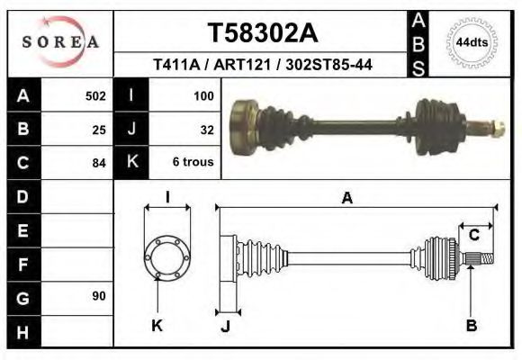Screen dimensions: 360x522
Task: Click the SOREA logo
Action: pyautogui.click(x=59, y=41)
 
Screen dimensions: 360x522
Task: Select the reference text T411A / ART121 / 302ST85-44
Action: pyautogui.click(x=263, y=65)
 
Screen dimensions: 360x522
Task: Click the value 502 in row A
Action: pyautogui.click(x=95, y=95)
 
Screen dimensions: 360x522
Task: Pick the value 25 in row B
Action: pyautogui.click(x=99, y=129)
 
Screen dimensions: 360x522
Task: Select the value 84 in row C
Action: pyautogui.click(x=99, y=163)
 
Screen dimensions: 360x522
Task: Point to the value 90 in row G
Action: pyautogui.click(x=99, y=296)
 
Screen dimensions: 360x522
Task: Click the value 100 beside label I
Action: pyautogui.click(x=202, y=95)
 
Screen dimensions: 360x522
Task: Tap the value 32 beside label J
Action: pyautogui.click(x=206, y=129)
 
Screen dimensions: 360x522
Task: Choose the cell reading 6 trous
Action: pyautogui.click(x=193, y=163)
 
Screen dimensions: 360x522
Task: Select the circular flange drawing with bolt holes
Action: pyautogui.click(x=166, y=255)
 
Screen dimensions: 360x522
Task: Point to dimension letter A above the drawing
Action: pyautogui.click(x=346, y=199)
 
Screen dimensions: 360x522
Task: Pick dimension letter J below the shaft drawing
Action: pyautogui.click(x=225, y=327)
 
